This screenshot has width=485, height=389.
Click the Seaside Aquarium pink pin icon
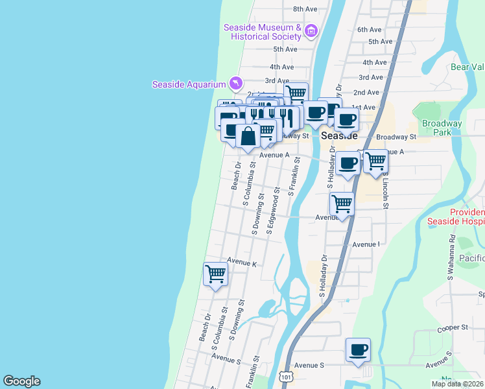point(236,83)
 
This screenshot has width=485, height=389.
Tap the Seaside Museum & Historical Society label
point(263,32)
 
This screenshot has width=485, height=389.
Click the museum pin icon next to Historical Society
point(311,31)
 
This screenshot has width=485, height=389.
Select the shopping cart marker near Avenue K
point(215,273)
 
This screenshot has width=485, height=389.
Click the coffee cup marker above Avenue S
point(358,350)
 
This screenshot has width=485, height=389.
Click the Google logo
point(21,381)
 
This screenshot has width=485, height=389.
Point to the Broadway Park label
point(442,127)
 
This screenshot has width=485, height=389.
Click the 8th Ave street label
point(305,9)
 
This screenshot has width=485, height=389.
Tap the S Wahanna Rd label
point(451,253)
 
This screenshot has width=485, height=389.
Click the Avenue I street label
point(366,244)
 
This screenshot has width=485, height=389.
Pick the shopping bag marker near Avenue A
point(248,137)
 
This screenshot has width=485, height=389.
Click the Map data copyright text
point(457,384)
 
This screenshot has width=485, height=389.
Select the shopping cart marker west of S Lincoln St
point(375,161)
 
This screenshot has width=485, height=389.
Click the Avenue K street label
point(242,264)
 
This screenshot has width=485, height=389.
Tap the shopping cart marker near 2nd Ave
point(296,93)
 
